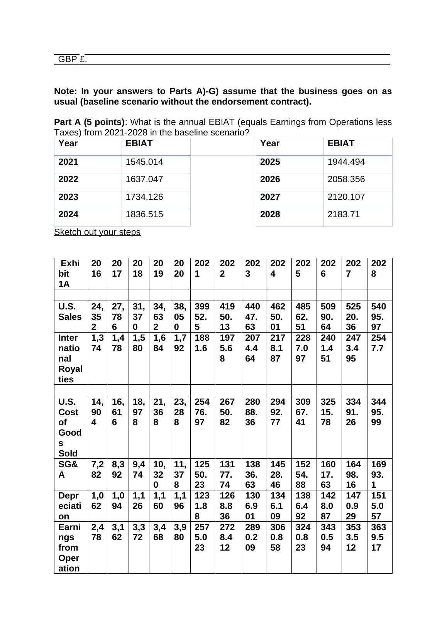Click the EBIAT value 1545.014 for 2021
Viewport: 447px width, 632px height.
pyautogui.click(x=144, y=162)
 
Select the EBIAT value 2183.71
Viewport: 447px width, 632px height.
pyautogui.click(x=344, y=215)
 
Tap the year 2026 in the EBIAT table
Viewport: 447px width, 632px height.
pyautogui.click(x=270, y=179)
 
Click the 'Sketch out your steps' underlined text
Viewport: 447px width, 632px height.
pyautogui.click(x=97, y=232)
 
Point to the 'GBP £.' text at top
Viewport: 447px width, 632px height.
pyautogui.click(x=73, y=59)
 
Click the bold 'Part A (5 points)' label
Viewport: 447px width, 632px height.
pyautogui.click(x=89, y=122)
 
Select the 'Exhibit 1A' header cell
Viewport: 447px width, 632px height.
pyautogui.click(x=70, y=274)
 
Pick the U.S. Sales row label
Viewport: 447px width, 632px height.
pyautogui.click(x=70, y=312)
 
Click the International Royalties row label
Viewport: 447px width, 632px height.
pyautogui.click(x=70, y=358)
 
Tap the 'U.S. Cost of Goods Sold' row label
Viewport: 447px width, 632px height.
pyautogui.click(x=69, y=427)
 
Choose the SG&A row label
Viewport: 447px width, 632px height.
pyautogui.click(x=68, y=469)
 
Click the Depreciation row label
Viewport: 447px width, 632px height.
pyautogui.click(x=69, y=506)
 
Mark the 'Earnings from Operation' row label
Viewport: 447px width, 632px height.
pyautogui.click(x=69, y=548)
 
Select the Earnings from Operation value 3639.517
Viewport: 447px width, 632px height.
pyautogui.click(x=379, y=537)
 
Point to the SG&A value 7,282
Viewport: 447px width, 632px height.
pyautogui.click(x=97, y=469)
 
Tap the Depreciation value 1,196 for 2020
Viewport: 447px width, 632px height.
pyautogui.click(x=180, y=500)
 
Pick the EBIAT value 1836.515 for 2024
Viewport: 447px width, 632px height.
pyautogui.click(x=144, y=215)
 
